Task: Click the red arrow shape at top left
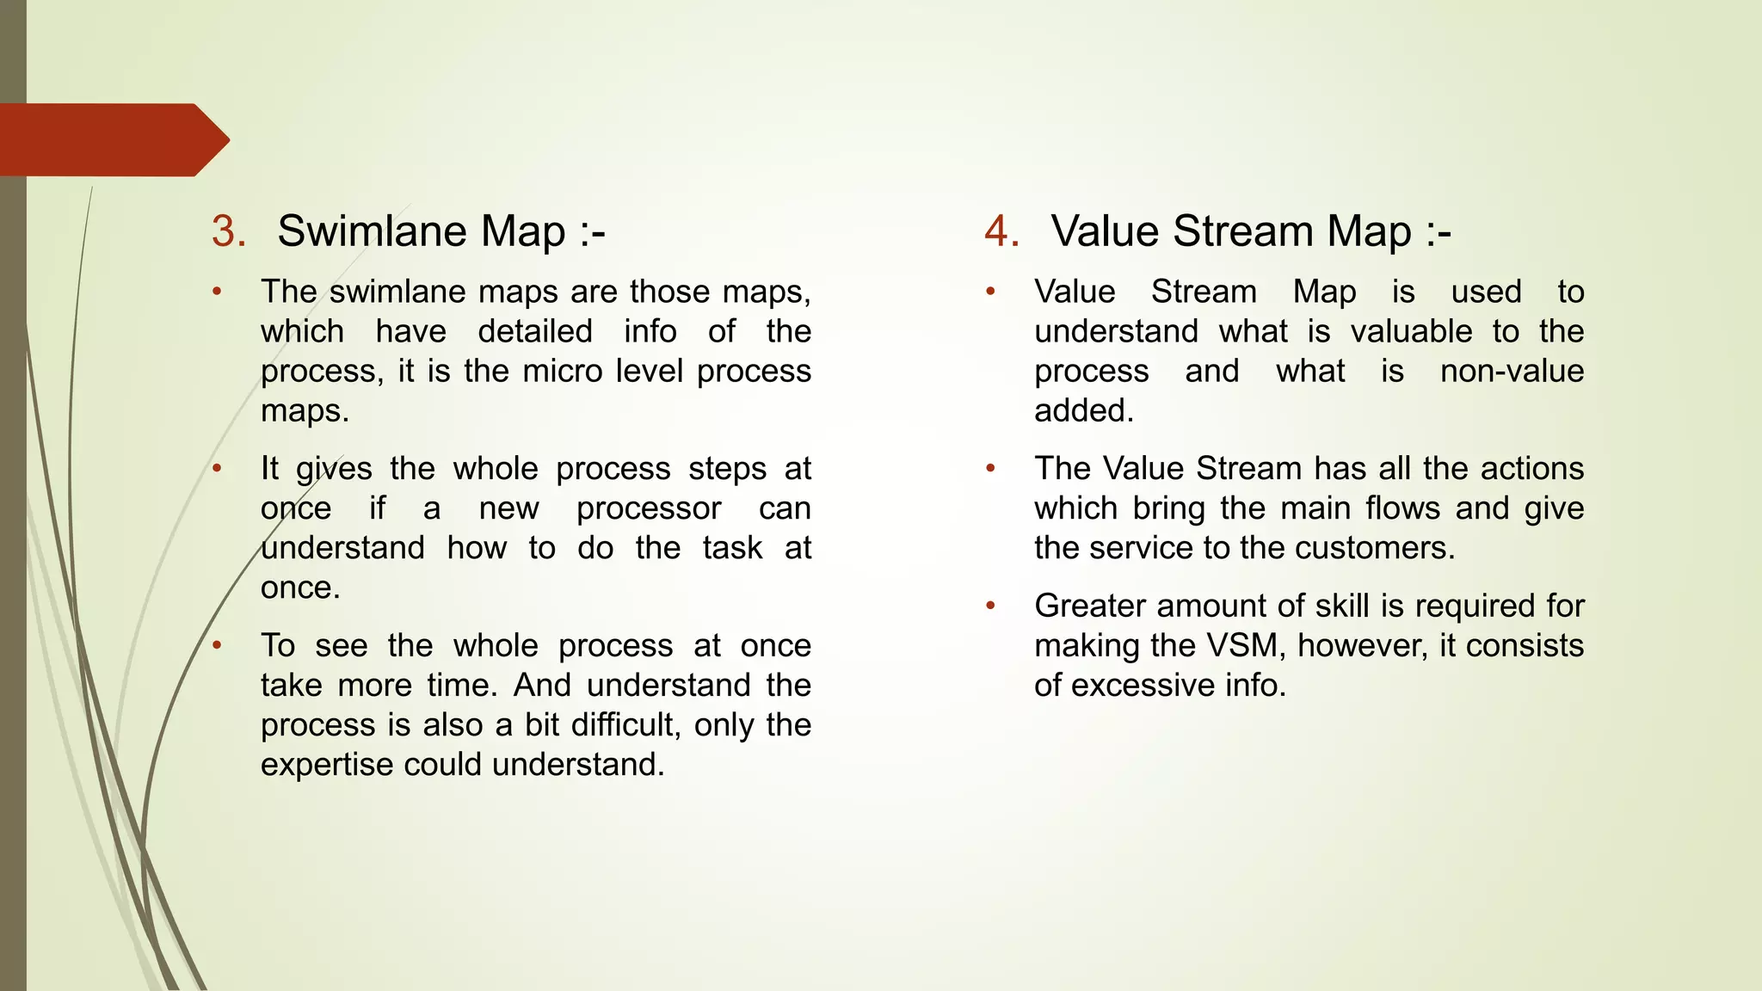tap(112, 140)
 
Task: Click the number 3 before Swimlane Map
tap(228, 232)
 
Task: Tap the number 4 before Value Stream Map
tap(1001, 232)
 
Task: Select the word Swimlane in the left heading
tap(373, 232)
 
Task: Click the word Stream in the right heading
tap(1243, 232)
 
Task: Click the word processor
tap(648, 508)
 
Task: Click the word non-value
tap(1512, 372)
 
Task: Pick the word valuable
tap(1411, 332)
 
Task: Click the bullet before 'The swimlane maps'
tap(218, 292)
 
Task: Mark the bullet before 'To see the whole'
tap(218, 645)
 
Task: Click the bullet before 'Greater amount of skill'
tap(990, 606)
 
